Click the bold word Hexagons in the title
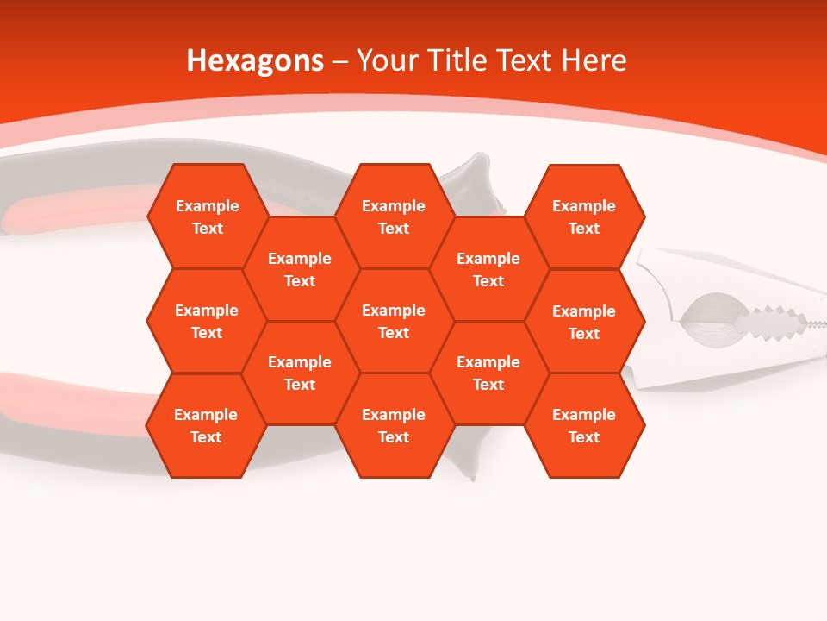255,60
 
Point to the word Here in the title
594,60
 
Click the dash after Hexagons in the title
339,61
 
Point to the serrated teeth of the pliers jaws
771,321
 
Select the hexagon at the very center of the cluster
394,321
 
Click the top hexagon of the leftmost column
207,216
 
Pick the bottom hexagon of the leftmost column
206,425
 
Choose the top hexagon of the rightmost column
584,216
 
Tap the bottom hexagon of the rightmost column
584,425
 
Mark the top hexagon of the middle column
394,216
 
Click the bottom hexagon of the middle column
394,425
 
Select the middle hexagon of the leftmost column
207,321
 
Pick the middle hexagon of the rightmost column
584,322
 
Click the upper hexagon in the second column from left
300,269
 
